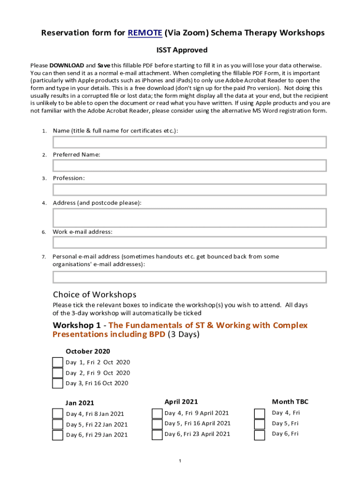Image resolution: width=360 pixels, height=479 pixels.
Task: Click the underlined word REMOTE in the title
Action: (145, 33)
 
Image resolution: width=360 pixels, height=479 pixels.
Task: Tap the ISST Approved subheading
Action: (181, 50)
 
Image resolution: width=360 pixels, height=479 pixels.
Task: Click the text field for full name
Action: (189, 142)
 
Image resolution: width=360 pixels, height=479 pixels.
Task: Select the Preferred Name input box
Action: (189, 166)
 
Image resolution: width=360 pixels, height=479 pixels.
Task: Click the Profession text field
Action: (189, 189)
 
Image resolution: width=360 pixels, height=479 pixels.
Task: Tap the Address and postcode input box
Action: (189, 218)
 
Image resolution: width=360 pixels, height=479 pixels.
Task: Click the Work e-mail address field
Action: (189, 242)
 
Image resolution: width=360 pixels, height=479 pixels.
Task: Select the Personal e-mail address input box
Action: (189, 277)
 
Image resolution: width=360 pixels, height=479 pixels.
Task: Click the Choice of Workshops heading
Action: (94, 295)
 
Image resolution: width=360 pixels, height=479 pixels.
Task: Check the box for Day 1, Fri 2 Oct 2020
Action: (58, 363)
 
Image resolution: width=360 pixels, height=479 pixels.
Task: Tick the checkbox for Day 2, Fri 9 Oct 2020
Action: (58, 373)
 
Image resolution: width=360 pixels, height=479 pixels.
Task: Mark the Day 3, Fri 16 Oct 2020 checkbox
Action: (58, 384)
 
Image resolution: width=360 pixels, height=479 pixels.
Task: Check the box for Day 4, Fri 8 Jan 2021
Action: (58, 414)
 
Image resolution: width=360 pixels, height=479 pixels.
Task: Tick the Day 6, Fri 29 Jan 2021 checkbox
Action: (58, 435)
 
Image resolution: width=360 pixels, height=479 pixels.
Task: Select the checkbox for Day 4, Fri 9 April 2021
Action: (157, 414)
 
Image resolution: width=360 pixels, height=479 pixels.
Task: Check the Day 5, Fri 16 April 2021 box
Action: (157, 424)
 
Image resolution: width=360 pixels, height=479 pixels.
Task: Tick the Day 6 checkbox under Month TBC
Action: (259, 435)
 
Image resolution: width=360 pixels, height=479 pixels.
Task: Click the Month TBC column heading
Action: (290, 402)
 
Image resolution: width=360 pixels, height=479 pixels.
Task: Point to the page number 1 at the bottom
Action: (180, 461)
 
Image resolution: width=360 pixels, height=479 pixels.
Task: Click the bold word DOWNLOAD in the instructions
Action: (67, 65)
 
